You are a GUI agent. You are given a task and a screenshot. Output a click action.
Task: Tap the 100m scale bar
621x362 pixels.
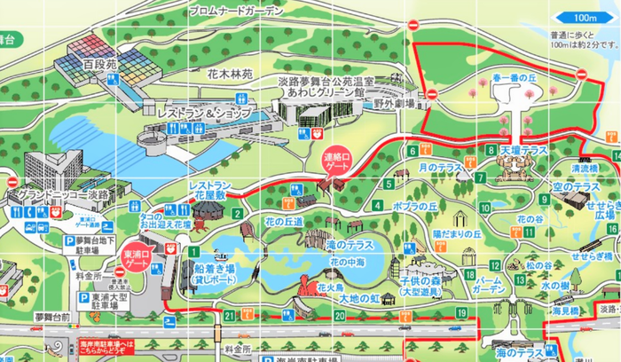[x=586, y=17]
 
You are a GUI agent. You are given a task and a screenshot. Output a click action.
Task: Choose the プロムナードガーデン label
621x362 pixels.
[x=236, y=11]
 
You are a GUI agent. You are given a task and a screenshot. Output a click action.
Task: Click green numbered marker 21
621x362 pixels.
[x=230, y=315]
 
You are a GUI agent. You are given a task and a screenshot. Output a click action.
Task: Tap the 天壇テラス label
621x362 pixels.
[x=524, y=151]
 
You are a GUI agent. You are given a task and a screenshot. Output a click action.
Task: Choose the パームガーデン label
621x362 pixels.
[x=490, y=284]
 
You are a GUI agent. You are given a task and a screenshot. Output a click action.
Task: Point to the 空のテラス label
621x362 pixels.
[x=576, y=186]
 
